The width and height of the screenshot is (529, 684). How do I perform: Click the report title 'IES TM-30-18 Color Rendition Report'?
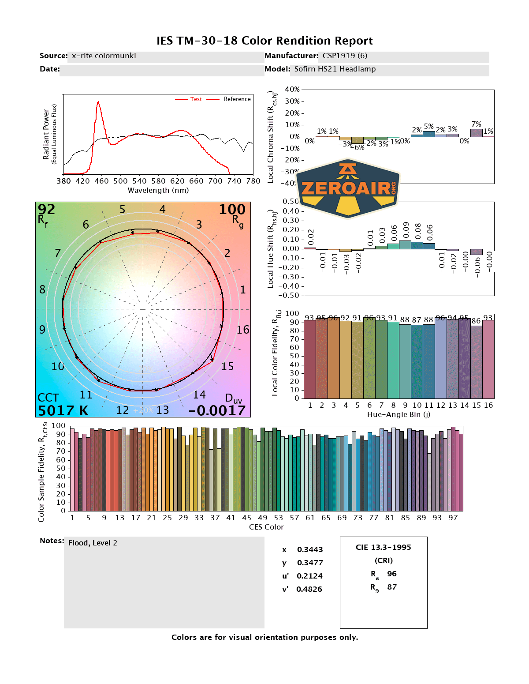(x=264, y=41)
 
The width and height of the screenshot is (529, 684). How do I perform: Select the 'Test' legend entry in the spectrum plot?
(x=196, y=99)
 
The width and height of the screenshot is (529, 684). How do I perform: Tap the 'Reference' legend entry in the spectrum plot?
(x=237, y=99)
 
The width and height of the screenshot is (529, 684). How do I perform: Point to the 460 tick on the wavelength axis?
(x=101, y=181)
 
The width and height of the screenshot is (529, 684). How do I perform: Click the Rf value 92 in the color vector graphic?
(x=46, y=209)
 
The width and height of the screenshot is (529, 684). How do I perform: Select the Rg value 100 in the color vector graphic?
(x=232, y=209)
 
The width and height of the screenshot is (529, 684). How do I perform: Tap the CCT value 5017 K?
(x=63, y=410)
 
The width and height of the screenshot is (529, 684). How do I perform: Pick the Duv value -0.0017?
(x=217, y=410)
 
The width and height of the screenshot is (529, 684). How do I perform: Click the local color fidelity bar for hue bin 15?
(x=476, y=362)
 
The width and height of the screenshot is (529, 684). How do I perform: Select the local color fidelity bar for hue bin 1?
(x=310, y=359)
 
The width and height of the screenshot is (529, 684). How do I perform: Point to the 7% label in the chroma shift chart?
(x=476, y=124)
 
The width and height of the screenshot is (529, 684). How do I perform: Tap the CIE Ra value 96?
(x=391, y=574)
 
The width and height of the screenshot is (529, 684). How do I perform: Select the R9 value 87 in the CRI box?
(x=391, y=587)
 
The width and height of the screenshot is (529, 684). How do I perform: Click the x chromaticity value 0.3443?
(x=309, y=549)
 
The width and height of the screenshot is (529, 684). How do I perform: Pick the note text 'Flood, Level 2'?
(x=93, y=543)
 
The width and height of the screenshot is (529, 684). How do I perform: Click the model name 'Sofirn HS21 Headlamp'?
(x=335, y=69)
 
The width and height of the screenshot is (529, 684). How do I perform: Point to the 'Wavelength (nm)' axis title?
(x=158, y=190)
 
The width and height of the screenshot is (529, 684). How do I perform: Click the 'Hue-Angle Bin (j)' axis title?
(x=399, y=414)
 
